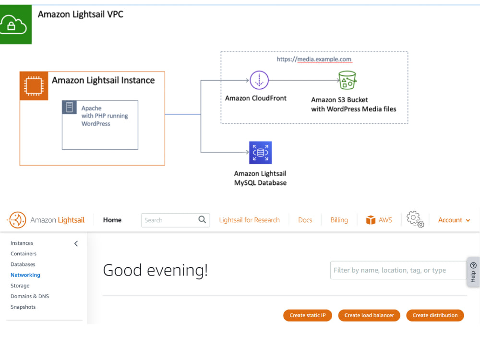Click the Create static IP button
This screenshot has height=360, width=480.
(x=308, y=315)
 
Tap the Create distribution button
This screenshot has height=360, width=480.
(x=435, y=315)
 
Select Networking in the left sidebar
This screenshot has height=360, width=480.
(x=25, y=275)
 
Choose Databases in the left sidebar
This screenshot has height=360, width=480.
(x=23, y=264)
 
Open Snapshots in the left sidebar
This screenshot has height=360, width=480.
(x=23, y=307)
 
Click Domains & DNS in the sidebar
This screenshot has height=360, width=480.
(x=30, y=296)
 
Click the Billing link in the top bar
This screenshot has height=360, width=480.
(x=339, y=220)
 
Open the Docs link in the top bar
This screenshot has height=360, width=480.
(x=305, y=220)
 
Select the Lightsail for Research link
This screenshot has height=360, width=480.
(x=249, y=220)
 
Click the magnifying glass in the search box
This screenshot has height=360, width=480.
(x=203, y=220)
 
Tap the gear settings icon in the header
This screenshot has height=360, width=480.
(x=415, y=219)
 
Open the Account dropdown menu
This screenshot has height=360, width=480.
(x=454, y=220)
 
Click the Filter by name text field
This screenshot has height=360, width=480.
(x=397, y=270)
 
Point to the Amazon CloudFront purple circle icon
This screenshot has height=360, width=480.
(x=259, y=80)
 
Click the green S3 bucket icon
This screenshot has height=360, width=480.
(x=347, y=80)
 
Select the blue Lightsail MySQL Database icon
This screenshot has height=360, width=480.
(x=260, y=153)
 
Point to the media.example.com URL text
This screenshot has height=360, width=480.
(x=314, y=60)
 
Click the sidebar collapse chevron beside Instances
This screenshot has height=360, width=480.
(x=76, y=243)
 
